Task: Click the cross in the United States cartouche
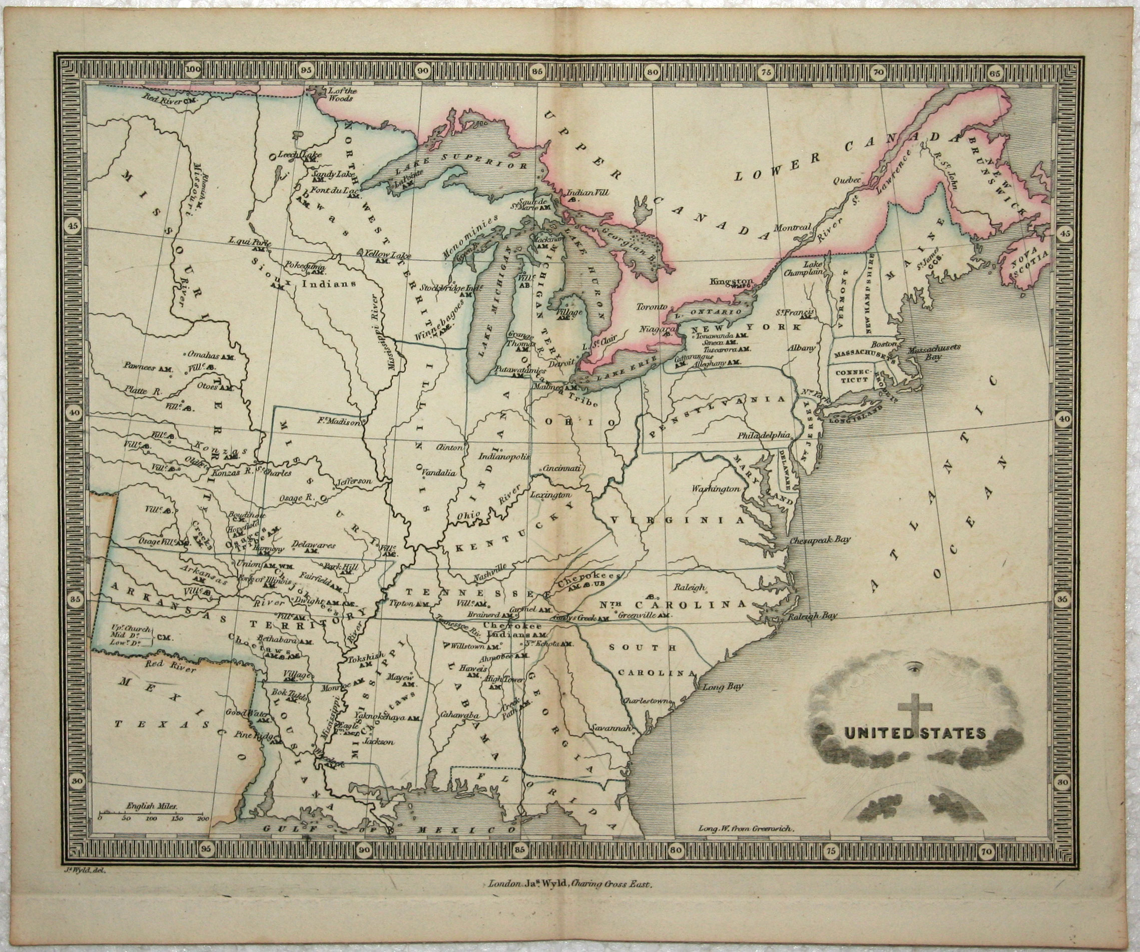coord(915,711)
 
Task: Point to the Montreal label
coord(793,228)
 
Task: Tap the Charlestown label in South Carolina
coord(648,701)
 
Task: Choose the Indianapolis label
coord(504,457)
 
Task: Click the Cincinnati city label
coord(563,468)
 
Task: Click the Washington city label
coord(716,490)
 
